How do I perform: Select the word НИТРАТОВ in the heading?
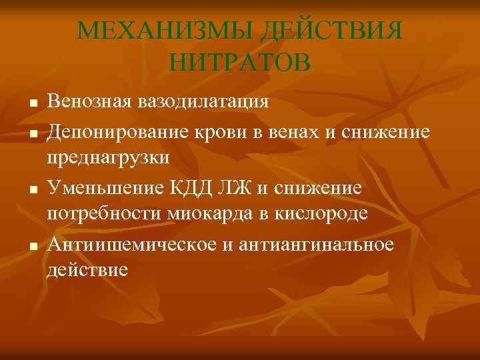[240, 63]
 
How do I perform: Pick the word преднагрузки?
[108, 159]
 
